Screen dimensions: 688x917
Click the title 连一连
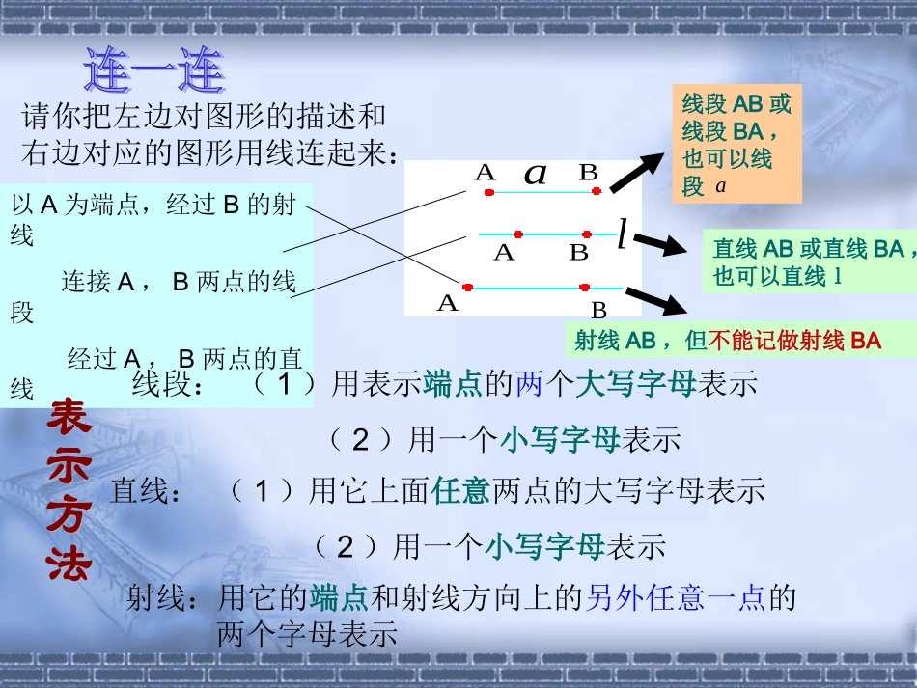tap(154, 70)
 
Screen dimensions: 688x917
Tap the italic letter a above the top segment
tap(535, 174)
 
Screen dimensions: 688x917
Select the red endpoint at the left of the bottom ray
tap(468, 287)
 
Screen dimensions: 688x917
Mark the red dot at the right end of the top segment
tap(597, 192)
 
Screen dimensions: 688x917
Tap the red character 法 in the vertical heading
tap(69, 563)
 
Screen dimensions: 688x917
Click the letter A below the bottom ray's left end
tap(447, 304)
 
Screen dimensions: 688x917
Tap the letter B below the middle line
tap(579, 253)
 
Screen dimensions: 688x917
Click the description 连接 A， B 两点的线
tap(179, 282)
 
